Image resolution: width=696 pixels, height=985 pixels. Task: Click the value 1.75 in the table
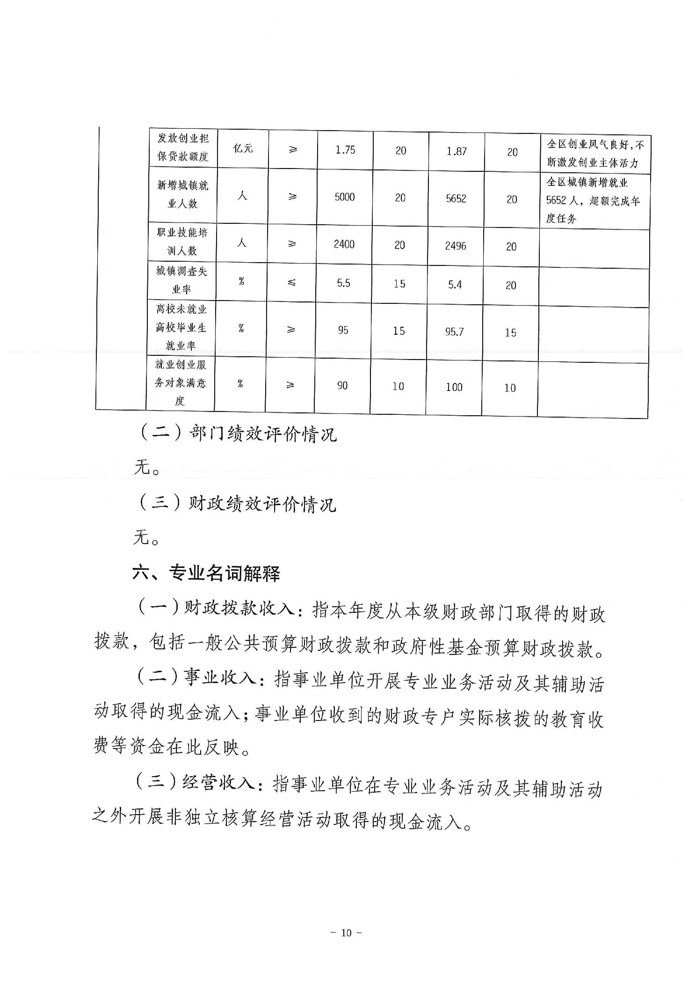pyautogui.click(x=345, y=150)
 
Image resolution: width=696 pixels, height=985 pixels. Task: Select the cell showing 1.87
pyautogui.click(x=457, y=151)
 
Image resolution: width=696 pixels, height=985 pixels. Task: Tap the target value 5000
pyautogui.click(x=345, y=197)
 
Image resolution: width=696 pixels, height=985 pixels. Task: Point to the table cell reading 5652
pyautogui.click(x=456, y=198)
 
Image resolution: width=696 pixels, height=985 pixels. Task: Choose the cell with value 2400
pyautogui.click(x=344, y=244)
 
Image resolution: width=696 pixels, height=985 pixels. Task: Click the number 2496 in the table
pyautogui.click(x=456, y=246)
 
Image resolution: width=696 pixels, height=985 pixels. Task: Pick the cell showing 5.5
pyautogui.click(x=344, y=283)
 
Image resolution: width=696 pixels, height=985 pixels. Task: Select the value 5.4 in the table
pyautogui.click(x=455, y=285)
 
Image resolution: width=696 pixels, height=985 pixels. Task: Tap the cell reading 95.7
pyautogui.click(x=455, y=332)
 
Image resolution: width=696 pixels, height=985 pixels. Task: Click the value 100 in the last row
pyautogui.click(x=454, y=387)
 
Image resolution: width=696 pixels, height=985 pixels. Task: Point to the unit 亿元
pyautogui.click(x=243, y=149)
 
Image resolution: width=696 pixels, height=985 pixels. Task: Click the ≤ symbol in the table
pyautogui.click(x=291, y=283)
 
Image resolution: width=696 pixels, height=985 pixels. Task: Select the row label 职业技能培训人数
pyautogui.click(x=182, y=242)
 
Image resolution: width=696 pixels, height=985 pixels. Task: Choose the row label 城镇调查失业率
pyautogui.click(x=181, y=280)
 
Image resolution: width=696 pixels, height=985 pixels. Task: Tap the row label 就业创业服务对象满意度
pyautogui.click(x=181, y=382)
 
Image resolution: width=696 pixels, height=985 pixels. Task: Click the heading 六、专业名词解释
pyautogui.click(x=206, y=573)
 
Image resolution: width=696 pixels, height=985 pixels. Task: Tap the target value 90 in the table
pyautogui.click(x=342, y=385)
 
